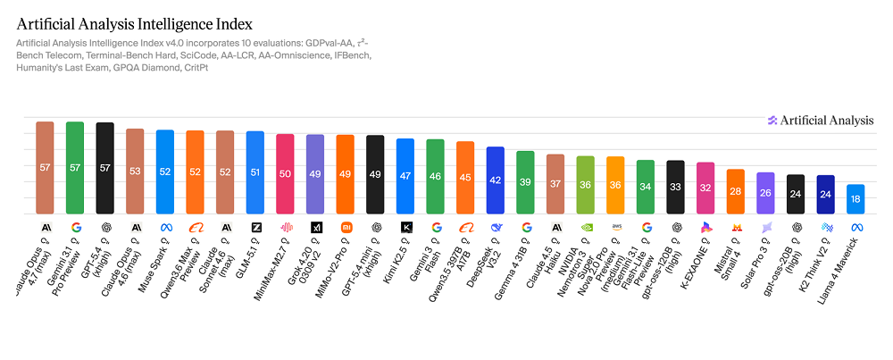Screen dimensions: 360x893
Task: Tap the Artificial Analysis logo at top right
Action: [819, 120]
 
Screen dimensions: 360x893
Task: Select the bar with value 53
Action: [135, 172]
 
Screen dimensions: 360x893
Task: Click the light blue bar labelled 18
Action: [856, 199]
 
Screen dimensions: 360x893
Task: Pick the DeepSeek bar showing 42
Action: [496, 180]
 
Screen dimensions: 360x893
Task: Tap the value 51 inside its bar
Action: [255, 172]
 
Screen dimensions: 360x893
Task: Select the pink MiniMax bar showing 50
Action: [286, 174]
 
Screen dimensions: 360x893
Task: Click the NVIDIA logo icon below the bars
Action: [586, 228]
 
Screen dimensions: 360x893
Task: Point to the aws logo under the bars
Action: [615, 228]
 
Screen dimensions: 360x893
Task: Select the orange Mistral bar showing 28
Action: [736, 191]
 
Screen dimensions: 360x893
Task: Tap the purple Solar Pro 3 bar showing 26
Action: [766, 193]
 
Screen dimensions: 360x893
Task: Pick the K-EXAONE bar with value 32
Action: [705, 188]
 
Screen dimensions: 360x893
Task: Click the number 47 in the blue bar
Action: [405, 177]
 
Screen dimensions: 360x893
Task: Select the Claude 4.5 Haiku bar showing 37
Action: [555, 184]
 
